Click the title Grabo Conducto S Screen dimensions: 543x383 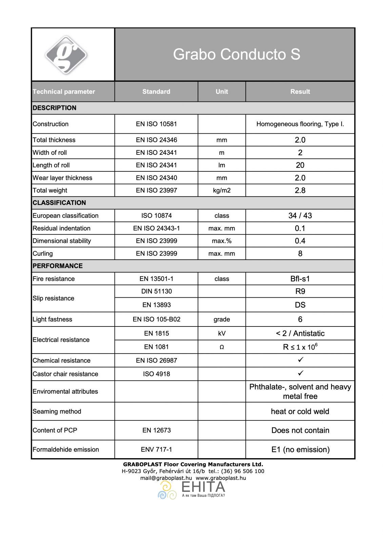point(236,54)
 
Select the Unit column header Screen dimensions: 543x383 point(222,92)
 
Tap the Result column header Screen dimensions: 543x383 point(300,92)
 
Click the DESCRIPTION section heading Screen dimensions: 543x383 point(55,108)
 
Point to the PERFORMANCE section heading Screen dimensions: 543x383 point(58,266)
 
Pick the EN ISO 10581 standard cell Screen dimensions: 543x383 point(156,124)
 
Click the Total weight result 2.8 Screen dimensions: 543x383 point(300,190)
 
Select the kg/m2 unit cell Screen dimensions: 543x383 point(222,190)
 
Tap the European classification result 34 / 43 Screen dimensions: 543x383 point(300,216)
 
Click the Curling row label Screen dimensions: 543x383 point(43,254)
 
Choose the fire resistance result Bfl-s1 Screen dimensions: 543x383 point(300,279)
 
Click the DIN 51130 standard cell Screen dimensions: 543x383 point(156,291)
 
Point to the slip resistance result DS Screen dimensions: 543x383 point(300,305)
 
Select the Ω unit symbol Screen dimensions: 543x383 point(222,347)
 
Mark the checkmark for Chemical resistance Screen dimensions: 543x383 point(300,360)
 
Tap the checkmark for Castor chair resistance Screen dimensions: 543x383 point(300,373)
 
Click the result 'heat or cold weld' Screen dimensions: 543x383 point(300,411)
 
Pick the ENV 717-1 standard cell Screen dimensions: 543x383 point(156,449)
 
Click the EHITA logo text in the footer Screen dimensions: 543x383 point(203,487)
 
